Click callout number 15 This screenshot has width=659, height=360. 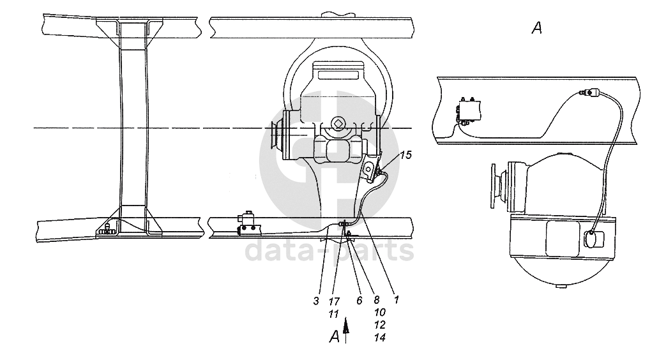coord(405,155)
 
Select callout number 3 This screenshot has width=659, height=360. coord(316,301)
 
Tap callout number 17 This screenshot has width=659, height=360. coord(334,301)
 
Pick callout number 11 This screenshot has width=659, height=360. coord(333,314)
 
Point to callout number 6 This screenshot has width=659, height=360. coord(360,301)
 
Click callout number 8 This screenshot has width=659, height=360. coord(377,299)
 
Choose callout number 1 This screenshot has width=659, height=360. coord(396,299)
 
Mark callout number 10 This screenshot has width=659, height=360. coord(379,312)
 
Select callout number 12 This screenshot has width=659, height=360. coord(379,325)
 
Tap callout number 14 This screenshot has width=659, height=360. coord(379,337)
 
